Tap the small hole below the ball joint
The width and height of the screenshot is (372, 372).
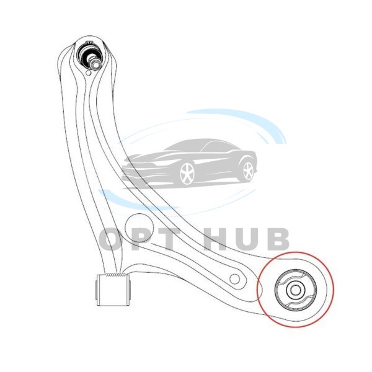click(88, 73)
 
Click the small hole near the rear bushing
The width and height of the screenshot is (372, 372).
click(234, 279)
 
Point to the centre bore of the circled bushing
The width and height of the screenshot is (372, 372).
click(295, 290)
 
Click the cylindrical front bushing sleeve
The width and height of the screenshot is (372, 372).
click(113, 290)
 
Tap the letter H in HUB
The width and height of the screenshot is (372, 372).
click(215, 239)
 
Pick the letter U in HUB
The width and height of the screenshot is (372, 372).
click(247, 239)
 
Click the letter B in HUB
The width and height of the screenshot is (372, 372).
click(278, 239)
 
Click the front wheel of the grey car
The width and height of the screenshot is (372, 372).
click(187, 174)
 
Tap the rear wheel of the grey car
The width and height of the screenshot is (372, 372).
click(248, 170)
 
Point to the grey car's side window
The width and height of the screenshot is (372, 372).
click(217, 146)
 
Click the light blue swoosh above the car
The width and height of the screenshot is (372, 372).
click(237, 125)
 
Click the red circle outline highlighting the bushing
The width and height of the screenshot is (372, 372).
click(296, 290)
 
